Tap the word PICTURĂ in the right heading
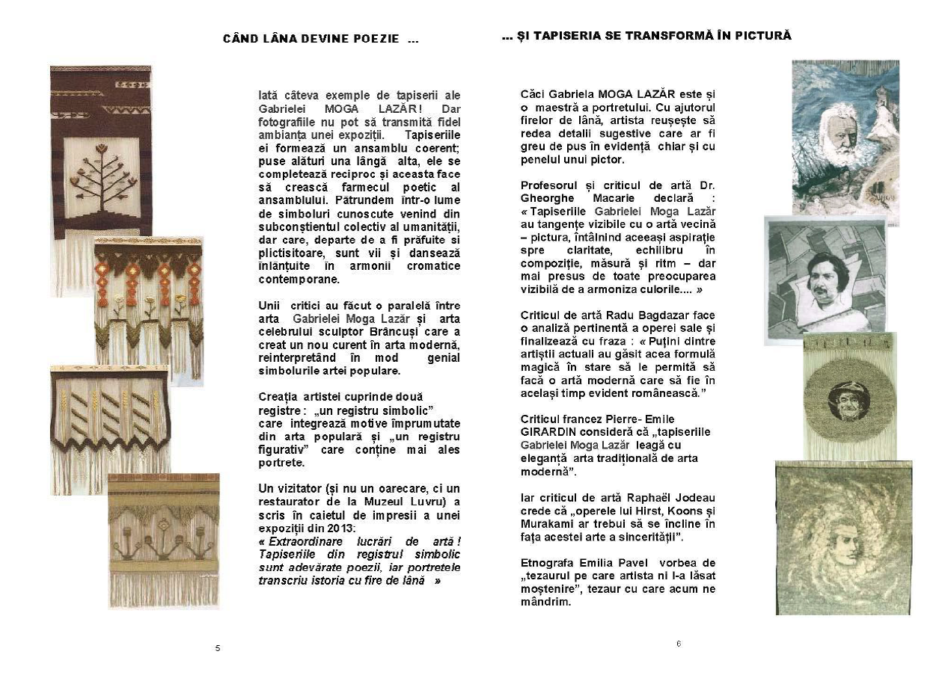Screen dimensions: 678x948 764,35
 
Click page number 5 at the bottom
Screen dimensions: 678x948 218,648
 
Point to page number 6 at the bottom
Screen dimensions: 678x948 678,644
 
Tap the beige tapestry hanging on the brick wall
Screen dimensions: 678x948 163,540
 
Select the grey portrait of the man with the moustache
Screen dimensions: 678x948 825,278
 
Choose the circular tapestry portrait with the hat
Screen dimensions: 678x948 848,396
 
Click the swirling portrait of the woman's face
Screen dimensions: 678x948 843,537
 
